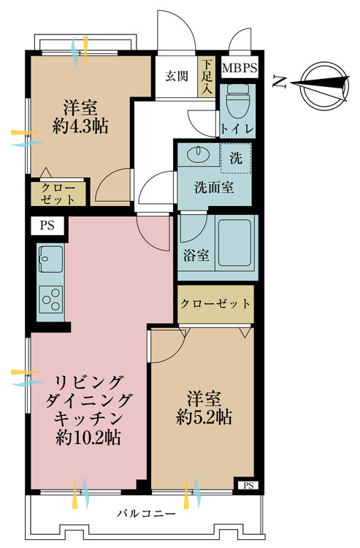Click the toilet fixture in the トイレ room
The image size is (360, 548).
(238, 101)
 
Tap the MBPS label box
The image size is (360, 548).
(240, 67)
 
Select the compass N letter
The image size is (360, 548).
(280, 83)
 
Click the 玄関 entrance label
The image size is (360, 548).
(177, 76)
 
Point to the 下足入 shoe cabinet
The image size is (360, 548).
(207, 77)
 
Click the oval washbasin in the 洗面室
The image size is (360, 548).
(198, 154)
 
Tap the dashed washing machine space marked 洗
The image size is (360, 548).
(236, 159)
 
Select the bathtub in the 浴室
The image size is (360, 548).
(234, 243)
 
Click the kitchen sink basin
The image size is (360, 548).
(51, 259)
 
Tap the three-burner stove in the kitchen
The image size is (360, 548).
(51, 299)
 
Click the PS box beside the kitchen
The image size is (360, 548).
(47, 226)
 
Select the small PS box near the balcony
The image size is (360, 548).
(248, 485)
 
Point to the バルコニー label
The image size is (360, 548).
(146, 514)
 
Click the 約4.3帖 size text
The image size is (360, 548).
(80, 126)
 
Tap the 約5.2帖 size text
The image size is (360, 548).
(204, 417)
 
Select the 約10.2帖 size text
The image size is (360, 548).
(88, 437)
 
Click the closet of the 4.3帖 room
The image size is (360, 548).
(58, 194)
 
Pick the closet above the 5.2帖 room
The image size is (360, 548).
(216, 304)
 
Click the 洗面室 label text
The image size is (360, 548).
(214, 188)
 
